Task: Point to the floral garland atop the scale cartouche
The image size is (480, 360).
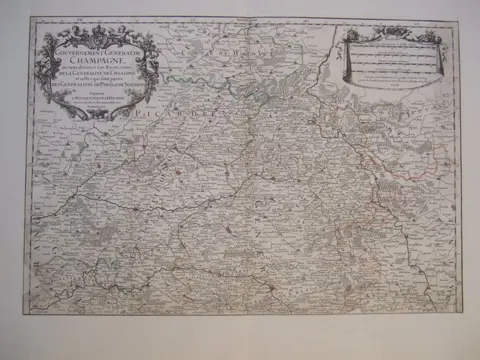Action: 392,33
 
